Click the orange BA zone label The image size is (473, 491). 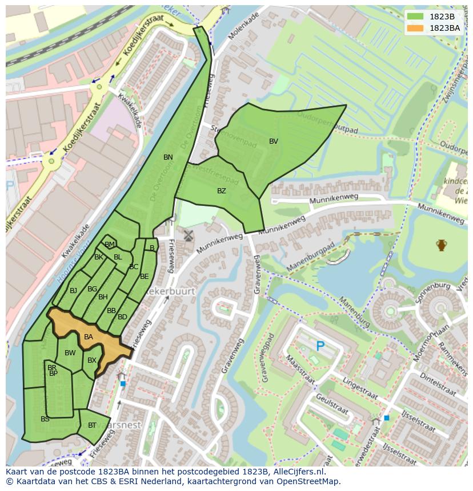click(x=89, y=337)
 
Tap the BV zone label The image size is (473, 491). click(x=274, y=141)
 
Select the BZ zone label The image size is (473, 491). click(x=222, y=191)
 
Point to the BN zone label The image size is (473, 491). click(x=168, y=157)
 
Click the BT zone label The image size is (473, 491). click(x=92, y=425)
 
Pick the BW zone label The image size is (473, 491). click(x=70, y=353)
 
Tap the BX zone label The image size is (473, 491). click(x=92, y=360)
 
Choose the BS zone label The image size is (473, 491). click(x=45, y=419)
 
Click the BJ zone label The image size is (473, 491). click(x=73, y=291)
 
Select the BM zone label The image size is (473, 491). click(x=110, y=245)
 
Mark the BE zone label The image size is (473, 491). click(x=145, y=277)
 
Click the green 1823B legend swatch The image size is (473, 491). click(x=415, y=17)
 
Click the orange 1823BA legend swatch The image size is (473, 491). click(x=415, y=27)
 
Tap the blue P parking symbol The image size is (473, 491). click(x=320, y=346)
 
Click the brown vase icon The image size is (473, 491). click(x=441, y=245)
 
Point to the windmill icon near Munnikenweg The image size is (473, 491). click(x=188, y=236)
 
